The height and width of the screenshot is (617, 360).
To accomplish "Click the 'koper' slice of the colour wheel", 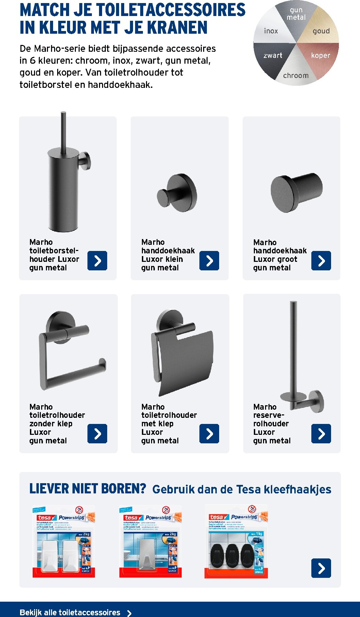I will (x=321, y=56).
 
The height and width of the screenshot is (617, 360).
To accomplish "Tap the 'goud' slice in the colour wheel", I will (x=321, y=31).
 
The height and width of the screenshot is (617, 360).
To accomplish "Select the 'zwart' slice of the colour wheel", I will (x=273, y=56).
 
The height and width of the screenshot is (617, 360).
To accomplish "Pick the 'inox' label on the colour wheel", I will (x=271, y=31).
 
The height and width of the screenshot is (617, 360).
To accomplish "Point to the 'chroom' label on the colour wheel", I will (x=296, y=76).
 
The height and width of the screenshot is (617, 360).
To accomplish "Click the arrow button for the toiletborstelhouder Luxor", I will (x=97, y=261).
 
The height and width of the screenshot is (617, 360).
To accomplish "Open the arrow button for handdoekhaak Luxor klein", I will (x=209, y=261).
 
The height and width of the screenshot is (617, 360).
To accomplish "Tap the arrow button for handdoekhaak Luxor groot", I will (x=321, y=261).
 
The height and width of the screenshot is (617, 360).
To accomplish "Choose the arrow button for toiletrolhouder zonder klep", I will (x=97, y=433).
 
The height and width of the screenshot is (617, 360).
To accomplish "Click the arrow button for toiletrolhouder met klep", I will (x=209, y=433).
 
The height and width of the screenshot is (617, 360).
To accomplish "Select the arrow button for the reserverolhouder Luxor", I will (x=321, y=433).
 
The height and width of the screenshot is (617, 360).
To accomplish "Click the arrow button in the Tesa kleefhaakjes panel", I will (x=321, y=568).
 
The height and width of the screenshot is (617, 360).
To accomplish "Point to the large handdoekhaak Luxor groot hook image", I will (x=296, y=193).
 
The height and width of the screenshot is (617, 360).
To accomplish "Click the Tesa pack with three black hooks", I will (x=236, y=542).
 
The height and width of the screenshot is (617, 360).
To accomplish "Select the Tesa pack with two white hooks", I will (x=64, y=542).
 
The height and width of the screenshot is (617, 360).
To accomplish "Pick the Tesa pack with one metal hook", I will (x=150, y=542).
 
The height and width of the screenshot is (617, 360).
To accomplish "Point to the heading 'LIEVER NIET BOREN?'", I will (x=87, y=489).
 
